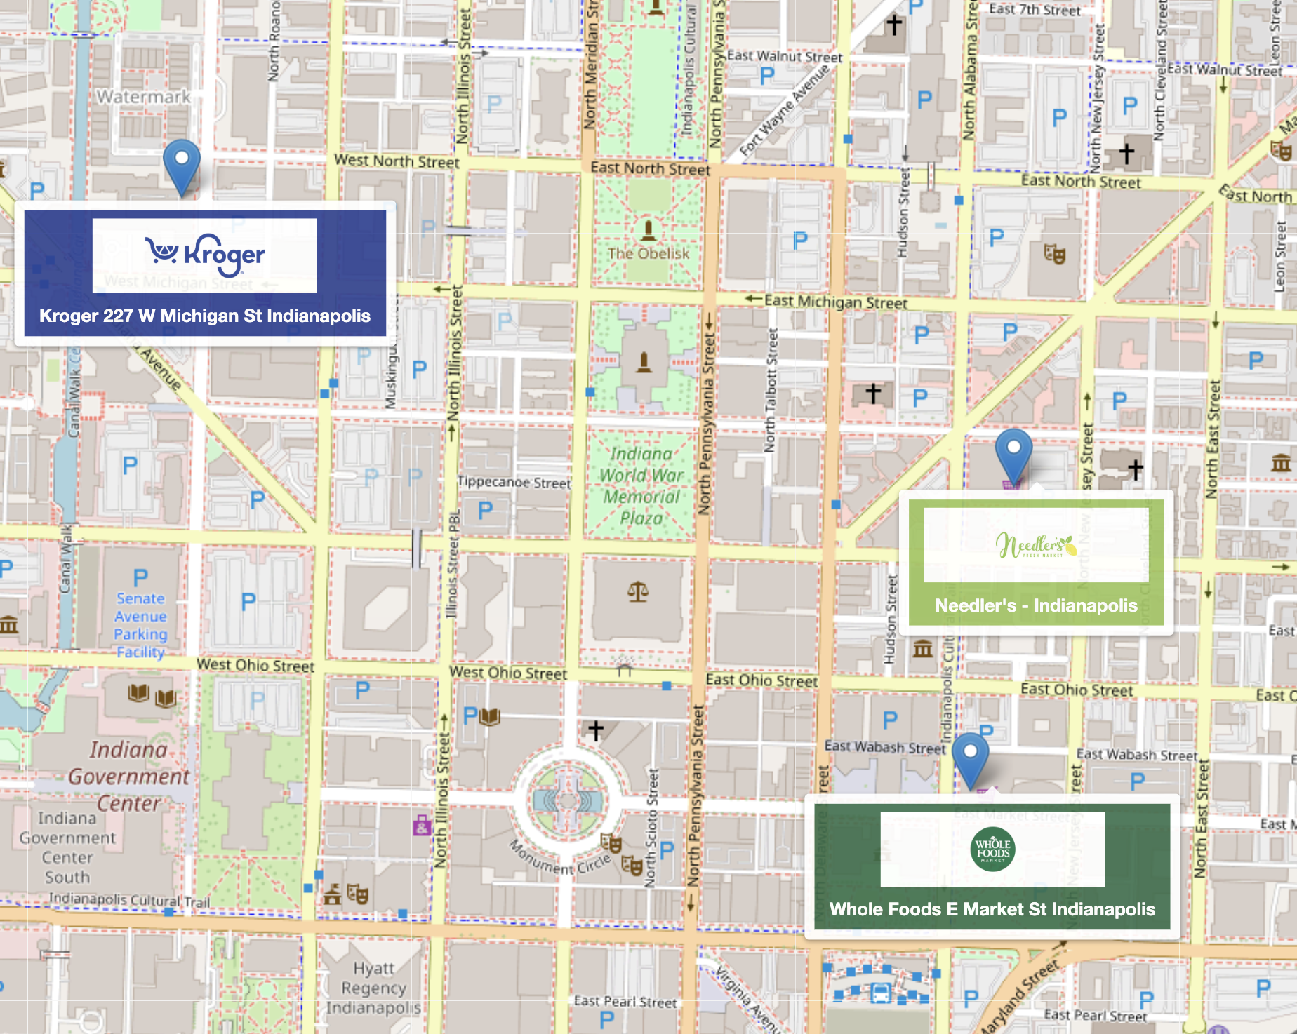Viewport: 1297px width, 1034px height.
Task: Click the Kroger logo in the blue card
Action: coord(205,255)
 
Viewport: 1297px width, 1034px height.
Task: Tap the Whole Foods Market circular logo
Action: coord(992,850)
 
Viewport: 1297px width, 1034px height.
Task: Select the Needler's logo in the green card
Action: coord(1036,545)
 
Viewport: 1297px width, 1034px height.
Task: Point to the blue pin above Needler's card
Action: coord(1013,454)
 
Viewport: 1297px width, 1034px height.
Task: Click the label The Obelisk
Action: coord(648,253)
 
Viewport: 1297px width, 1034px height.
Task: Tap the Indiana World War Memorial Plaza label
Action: coord(641,486)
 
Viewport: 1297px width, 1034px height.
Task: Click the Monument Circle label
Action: coord(559,858)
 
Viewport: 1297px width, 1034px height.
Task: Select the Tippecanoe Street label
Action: coord(514,483)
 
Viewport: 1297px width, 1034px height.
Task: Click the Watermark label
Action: coord(143,97)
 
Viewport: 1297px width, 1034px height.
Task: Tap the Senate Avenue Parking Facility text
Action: coord(141,625)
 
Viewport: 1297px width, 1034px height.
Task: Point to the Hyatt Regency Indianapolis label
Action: coord(373,988)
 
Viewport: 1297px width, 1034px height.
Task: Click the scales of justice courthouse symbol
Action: coord(637,591)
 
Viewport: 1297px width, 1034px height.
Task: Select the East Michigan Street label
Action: coord(835,302)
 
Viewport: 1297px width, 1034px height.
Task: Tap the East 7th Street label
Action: coord(1035,10)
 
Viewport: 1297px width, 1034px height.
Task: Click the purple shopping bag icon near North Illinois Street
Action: coord(421,826)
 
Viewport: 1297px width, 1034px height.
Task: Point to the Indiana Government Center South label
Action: coord(67,847)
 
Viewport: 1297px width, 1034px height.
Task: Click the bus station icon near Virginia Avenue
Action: coord(880,993)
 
